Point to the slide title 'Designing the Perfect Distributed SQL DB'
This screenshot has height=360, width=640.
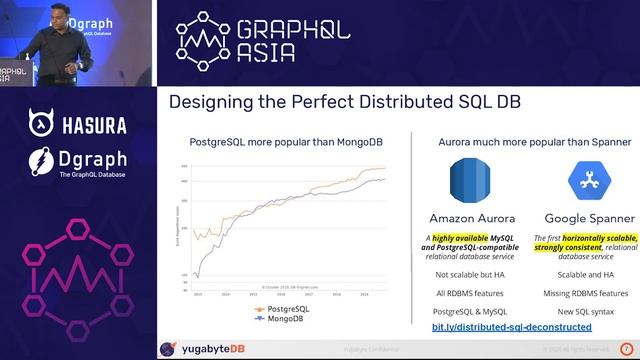pos(344,102)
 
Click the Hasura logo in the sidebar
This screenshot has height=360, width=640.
pos(77,125)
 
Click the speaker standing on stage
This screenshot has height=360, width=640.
pos(49,40)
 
